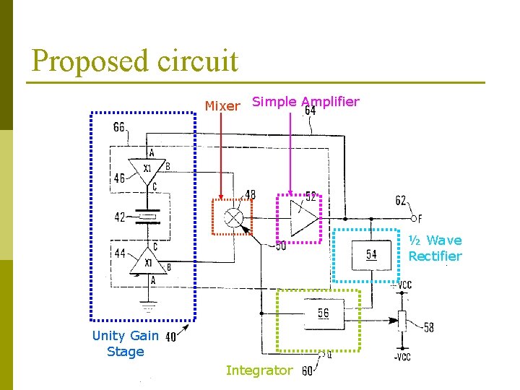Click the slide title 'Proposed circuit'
134,61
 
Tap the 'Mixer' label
222,106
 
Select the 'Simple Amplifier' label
305,102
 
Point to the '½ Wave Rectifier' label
435,248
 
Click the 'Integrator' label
259,370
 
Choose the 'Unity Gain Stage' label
126,344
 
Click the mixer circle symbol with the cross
233,217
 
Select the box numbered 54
371,254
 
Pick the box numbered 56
322,313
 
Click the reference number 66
118,127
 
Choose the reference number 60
308,370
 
